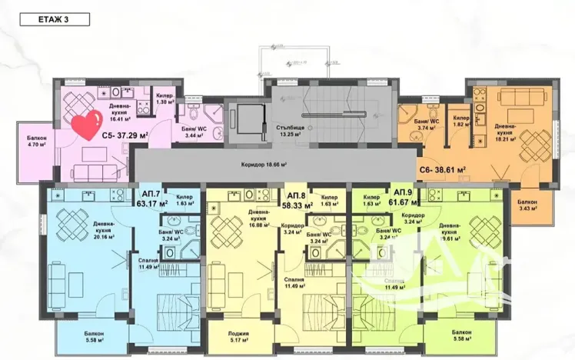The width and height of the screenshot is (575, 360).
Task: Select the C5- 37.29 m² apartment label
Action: [125, 135]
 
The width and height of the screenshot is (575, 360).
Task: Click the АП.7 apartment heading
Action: [151, 194]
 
